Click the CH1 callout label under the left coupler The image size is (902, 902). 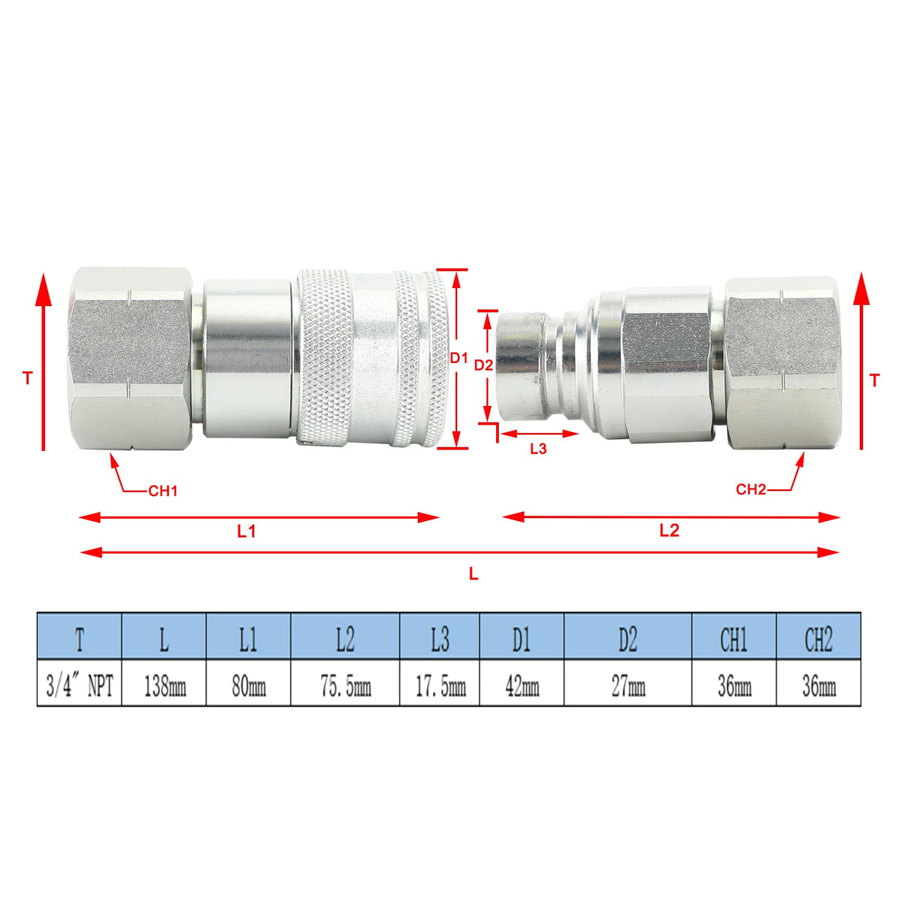(163, 491)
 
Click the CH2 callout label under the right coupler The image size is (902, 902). (751, 489)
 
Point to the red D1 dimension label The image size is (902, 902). (459, 358)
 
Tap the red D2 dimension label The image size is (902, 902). (483, 365)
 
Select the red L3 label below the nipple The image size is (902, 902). (538, 449)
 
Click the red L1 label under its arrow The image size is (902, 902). (247, 531)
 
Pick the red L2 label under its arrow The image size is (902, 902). (669, 531)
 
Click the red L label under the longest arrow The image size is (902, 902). (474, 574)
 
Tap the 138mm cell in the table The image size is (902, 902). (165, 687)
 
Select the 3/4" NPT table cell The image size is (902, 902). (80, 687)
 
